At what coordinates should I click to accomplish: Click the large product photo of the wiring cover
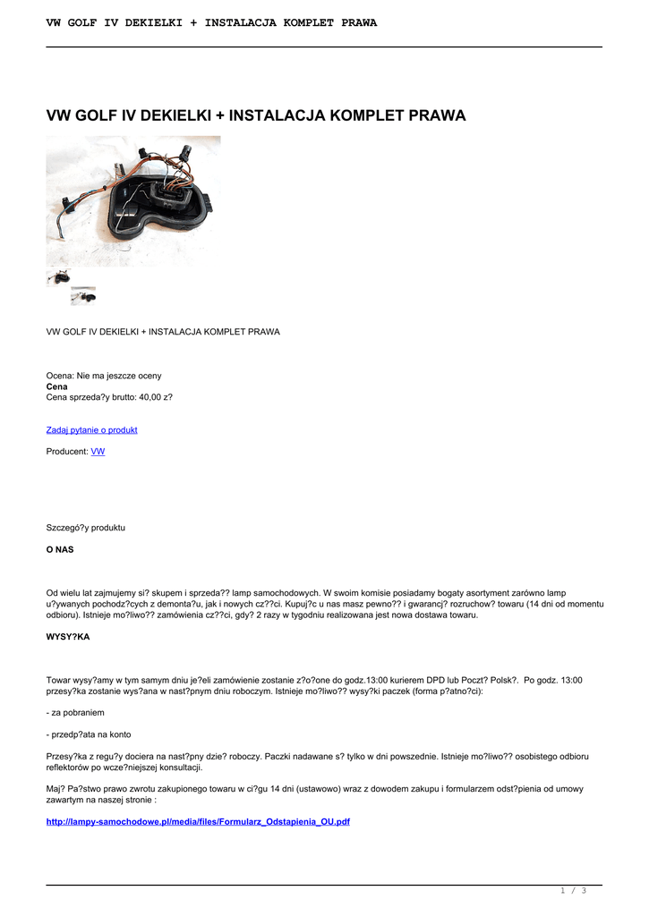(x=133, y=200)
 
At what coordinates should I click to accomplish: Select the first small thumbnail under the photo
(x=58, y=278)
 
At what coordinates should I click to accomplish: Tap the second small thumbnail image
(x=83, y=296)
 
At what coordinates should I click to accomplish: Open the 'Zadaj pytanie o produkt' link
(x=91, y=430)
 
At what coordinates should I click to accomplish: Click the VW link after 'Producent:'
(x=98, y=452)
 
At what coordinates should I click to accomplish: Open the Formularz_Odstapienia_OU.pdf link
(x=197, y=821)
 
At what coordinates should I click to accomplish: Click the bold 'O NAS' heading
(x=60, y=549)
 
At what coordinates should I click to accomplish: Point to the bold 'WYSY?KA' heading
(x=68, y=637)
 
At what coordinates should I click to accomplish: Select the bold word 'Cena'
(x=56, y=386)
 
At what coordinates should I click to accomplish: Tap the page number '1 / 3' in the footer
(x=572, y=890)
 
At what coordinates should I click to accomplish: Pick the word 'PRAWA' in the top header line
(x=359, y=22)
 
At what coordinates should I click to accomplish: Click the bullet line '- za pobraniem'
(x=75, y=713)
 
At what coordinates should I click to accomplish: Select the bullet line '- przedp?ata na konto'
(x=89, y=734)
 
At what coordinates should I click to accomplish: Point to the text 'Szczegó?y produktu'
(x=86, y=528)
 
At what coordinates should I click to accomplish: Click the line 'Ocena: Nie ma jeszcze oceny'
(x=104, y=376)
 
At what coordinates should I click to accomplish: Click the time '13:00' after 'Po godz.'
(x=571, y=680)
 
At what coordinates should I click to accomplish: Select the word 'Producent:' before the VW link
(x=67, y=452)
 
